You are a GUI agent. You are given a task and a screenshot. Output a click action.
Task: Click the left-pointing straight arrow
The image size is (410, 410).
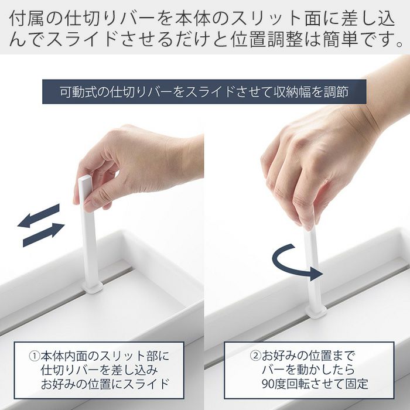coord(39,216)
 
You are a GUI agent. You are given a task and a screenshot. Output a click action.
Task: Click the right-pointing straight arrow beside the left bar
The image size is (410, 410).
coord(44,234)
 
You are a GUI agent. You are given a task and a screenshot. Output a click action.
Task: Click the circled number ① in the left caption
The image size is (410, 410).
coord(34,356)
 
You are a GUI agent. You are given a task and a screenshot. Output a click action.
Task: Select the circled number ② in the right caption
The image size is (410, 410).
coord(255,356)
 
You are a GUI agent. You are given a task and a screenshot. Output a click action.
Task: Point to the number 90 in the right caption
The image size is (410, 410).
coord(268,384)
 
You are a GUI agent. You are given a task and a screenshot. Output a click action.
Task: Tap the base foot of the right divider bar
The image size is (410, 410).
coord(316,312)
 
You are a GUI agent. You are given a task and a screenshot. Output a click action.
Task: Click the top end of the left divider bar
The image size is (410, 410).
coord(86,179)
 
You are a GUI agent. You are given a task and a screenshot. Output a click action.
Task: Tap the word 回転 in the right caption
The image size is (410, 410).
coord(298,384)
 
